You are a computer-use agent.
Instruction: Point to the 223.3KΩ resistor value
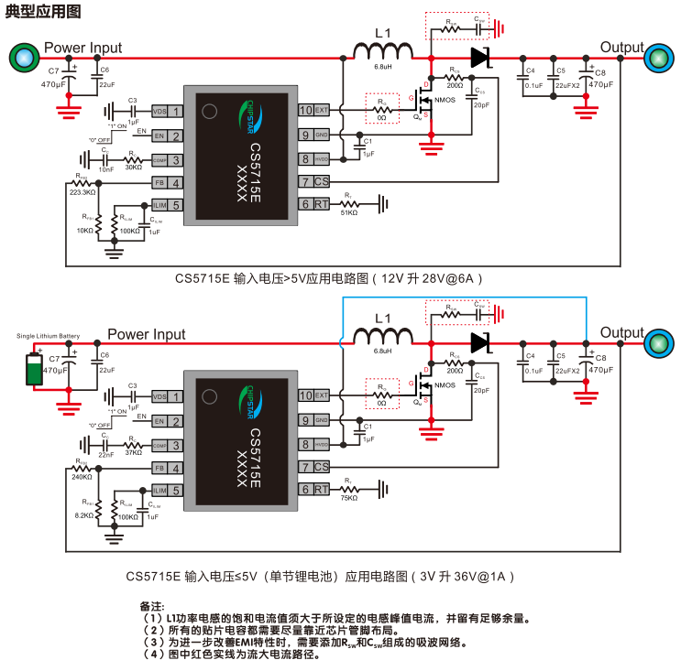click(x=82, y=192)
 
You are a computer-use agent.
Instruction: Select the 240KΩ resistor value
click(x=82, y=477)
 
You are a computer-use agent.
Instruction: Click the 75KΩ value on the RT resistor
click(x=350, y=498)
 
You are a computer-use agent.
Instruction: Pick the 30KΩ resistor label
click(x=133, y=167)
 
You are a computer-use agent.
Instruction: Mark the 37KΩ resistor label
click(x=133, y=452)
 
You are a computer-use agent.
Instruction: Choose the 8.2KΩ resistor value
click(x=84, y=516)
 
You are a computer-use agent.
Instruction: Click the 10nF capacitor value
click(x=107, y=168)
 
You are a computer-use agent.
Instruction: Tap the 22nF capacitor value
click(x=107, y=454)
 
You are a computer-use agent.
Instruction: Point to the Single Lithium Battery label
click(x=48, y=336)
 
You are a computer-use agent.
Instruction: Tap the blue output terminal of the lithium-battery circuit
click(x=657, y=344)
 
